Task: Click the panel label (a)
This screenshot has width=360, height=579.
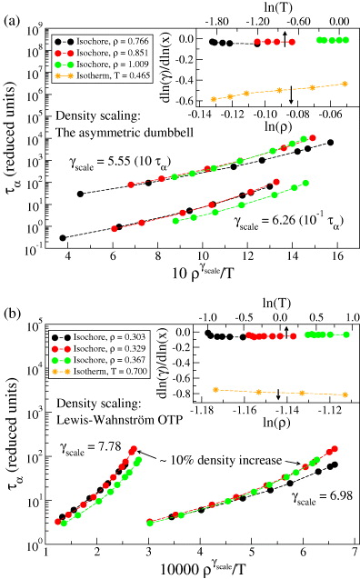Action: point(12,11)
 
